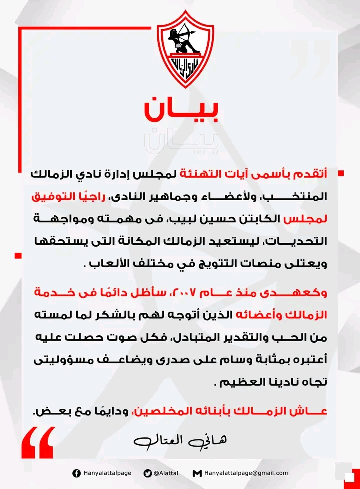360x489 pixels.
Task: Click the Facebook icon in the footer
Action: [x=76, y=473]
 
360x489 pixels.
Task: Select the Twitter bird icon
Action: [x=147, y=473]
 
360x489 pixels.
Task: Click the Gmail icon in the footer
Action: [x=197, y=473]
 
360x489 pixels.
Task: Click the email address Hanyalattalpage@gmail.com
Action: [x=246, y=473]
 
